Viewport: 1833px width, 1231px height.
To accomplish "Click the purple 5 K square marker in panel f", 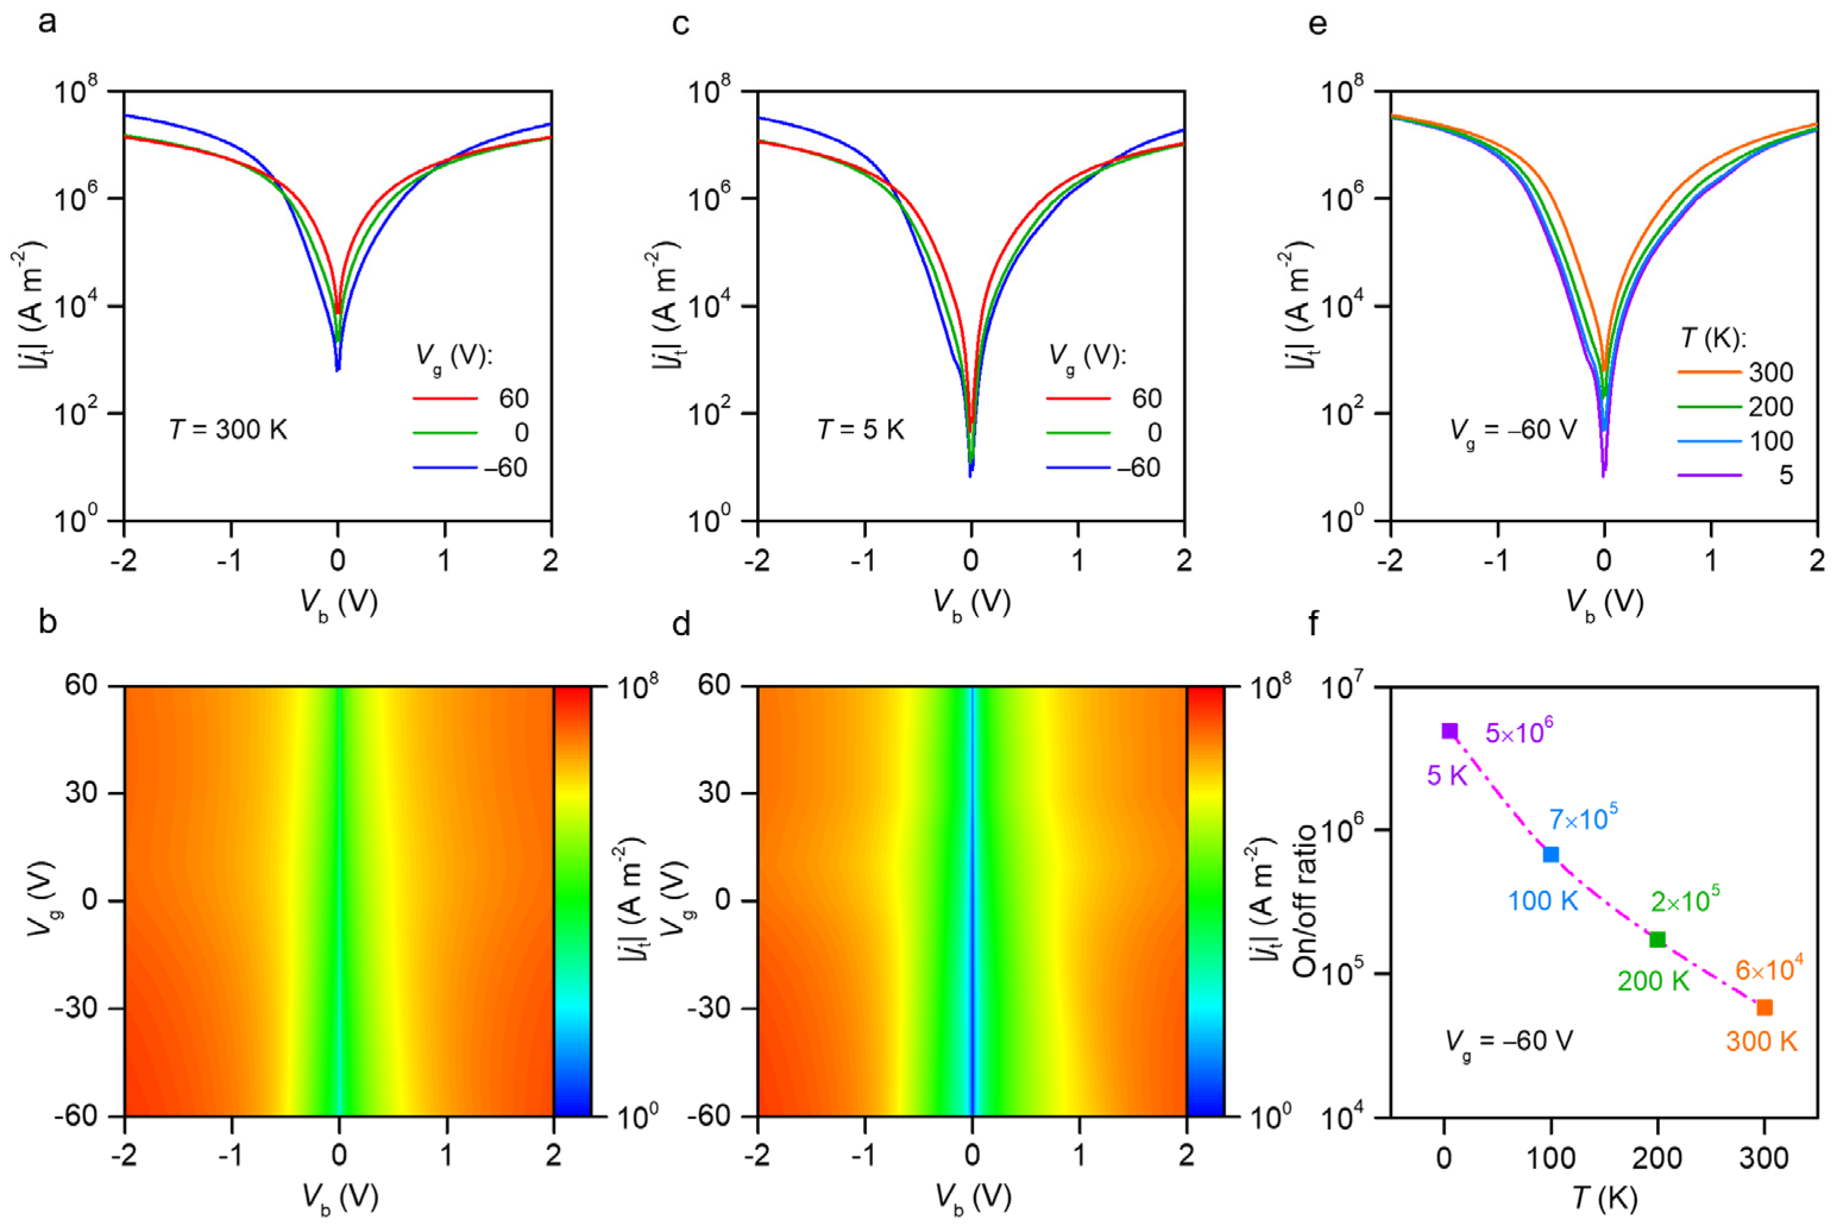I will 1450,731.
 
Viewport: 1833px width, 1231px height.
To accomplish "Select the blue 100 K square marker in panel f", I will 1551,854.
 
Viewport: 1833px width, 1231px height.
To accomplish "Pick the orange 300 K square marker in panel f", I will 1765,1007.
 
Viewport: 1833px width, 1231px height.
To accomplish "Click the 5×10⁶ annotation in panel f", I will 1519,731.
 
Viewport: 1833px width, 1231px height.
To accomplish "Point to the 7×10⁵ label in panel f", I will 1583,819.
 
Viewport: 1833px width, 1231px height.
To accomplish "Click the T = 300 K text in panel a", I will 228,430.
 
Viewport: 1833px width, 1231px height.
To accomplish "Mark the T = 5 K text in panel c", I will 861,430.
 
